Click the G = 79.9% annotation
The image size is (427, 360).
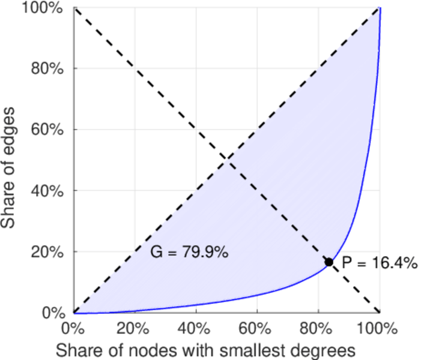click(189, 253)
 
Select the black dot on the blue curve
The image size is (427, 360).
click(329, 262)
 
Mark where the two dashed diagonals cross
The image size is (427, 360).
click(226, 160)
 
